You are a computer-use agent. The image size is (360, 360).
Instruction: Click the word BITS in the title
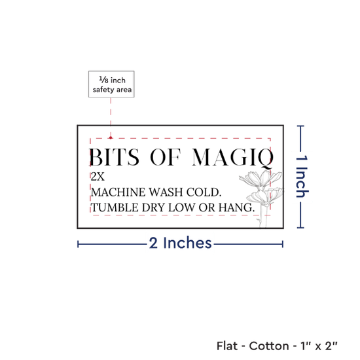115,157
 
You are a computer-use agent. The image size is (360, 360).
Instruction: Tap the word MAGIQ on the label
232,158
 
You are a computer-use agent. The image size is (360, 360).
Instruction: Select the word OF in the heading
166,157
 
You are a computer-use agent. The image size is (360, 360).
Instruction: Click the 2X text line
98,177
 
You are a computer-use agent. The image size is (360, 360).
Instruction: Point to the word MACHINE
118,192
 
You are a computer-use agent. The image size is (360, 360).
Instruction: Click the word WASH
166,192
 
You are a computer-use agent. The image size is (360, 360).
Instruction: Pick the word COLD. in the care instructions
204,192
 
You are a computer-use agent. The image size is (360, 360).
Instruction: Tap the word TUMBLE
115,207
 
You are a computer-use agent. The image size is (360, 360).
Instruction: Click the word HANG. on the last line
236,207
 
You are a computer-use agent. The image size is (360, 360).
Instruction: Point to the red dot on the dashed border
111,137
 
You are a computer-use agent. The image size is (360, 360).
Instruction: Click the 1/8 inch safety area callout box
111,84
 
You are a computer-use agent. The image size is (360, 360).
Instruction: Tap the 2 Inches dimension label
180,243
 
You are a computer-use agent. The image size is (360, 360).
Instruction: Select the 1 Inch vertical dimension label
302,177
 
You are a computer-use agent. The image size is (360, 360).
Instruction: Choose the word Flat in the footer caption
227,346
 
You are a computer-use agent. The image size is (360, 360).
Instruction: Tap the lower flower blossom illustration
264,196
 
